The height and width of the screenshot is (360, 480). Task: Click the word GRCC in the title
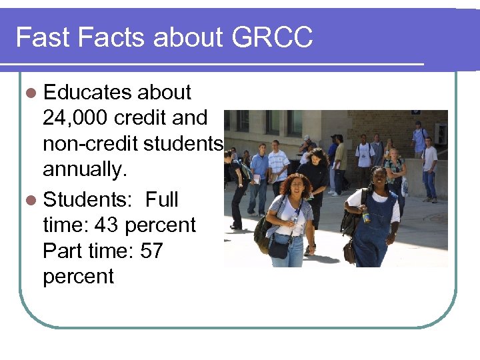coord(272,37)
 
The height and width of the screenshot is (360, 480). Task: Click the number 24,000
coord(76,118)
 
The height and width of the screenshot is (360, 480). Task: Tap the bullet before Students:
coord(32,199)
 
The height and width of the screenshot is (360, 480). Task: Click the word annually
coord(85,170)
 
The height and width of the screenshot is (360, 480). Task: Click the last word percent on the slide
coord(78,276)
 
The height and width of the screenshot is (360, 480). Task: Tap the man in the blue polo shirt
coord(259,167)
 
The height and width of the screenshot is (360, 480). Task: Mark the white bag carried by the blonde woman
coord(405,187)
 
